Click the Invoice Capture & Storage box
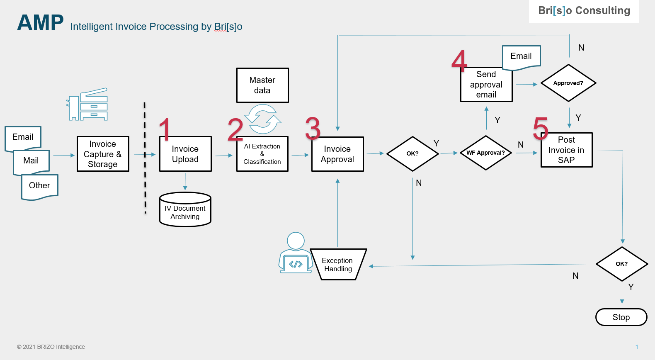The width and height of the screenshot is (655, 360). (103, 154)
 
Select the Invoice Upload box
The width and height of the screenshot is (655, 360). (185, 154)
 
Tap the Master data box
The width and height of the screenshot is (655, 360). (262, 85)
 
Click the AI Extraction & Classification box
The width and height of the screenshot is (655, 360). (262, 154)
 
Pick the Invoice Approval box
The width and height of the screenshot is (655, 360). (337, 154)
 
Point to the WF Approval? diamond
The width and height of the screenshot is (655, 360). (486, 153)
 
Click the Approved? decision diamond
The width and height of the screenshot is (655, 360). (568, 83)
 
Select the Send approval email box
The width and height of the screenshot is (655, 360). (486, 85)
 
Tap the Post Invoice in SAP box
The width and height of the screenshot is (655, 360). (566, 150)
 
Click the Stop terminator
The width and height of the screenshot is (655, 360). (621, 317)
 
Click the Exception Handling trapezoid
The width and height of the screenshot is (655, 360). (338, 265)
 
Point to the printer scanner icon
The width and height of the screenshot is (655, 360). (88, 105)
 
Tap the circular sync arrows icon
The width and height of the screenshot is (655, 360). (263, 119)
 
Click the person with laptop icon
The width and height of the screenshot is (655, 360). (295, 253)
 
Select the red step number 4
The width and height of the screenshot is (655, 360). (459, 61)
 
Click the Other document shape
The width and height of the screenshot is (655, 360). (40, 186)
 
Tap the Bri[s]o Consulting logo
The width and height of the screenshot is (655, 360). (584, 11)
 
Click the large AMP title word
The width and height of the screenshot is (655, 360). (40, 23)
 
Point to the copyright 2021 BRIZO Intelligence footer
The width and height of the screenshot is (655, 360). (51, 347)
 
